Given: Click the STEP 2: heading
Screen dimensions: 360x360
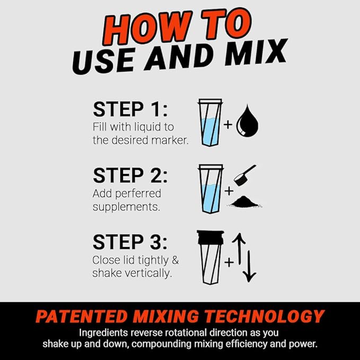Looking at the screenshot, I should coord(130,175).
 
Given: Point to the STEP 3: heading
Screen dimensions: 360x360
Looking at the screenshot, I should coord(130,241).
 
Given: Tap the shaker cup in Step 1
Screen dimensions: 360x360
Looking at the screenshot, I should coord(209,122).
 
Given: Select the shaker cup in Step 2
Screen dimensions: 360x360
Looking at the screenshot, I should coord(209,188).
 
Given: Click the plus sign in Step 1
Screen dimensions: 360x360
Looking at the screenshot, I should coord(229,125).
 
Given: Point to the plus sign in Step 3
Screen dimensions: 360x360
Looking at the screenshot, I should coord(229,262).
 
